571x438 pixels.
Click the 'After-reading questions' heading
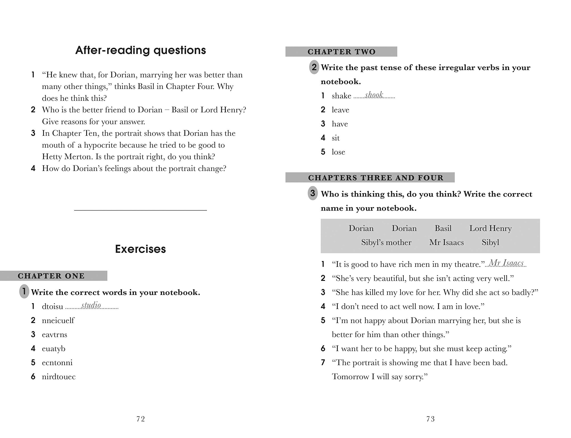pos(141,50)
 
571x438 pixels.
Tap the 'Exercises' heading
pos(140,249)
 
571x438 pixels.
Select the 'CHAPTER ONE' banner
pos(51,276)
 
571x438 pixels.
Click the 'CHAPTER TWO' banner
pos(341,52)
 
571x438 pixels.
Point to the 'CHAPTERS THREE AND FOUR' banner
pos(376,178)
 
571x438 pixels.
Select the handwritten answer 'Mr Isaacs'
pos(506,263)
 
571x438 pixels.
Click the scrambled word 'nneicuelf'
pos(58,320)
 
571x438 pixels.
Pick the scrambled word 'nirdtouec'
pos(59,376)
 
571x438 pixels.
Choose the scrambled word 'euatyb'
pos(54,348)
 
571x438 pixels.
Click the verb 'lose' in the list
pos(338,152)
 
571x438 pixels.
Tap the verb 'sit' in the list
pos(336,138)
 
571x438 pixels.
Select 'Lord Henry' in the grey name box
pos(490,228)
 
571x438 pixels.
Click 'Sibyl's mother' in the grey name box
pos(386,243)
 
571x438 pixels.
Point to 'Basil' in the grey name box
pos(443,228)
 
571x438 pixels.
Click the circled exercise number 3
pos(313,193)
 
